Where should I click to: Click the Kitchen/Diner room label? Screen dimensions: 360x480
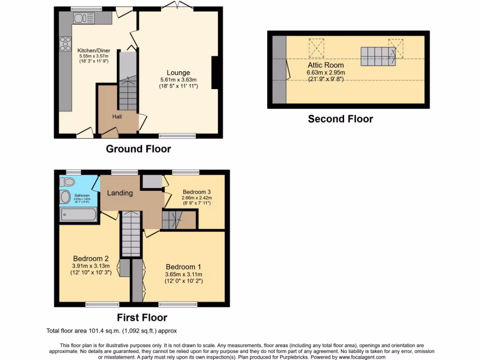click(x=93, y=50)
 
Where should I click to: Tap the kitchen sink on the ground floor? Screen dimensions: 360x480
click(x=83, y=18)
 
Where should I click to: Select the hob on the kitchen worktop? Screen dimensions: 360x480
click(x=64, y=45)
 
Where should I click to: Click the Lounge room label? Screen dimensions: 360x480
click(x=178, y=73)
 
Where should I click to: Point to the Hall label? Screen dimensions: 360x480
click(x=117, y=116)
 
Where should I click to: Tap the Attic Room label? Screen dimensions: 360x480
click(x=325, y=65)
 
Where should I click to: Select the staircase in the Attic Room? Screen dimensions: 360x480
click(x=378, y=57)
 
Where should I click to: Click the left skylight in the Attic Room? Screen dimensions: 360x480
click(x=316, y=46)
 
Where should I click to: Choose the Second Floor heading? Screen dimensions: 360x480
click(x=340, y=119)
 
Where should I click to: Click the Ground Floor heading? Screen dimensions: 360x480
click(x=138, y=149)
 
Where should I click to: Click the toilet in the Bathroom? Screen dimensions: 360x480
click(x=68, y=181)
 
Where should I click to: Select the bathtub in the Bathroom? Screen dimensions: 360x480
click(x=78, y=215)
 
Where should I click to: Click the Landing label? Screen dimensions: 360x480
click(x=120, y=193)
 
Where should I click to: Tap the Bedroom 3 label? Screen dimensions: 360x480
click(x=197, y=192)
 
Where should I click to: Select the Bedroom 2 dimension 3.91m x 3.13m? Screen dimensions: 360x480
click(x=91, y=266)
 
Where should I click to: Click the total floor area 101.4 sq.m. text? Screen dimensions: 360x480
click(x=112, y=330)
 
